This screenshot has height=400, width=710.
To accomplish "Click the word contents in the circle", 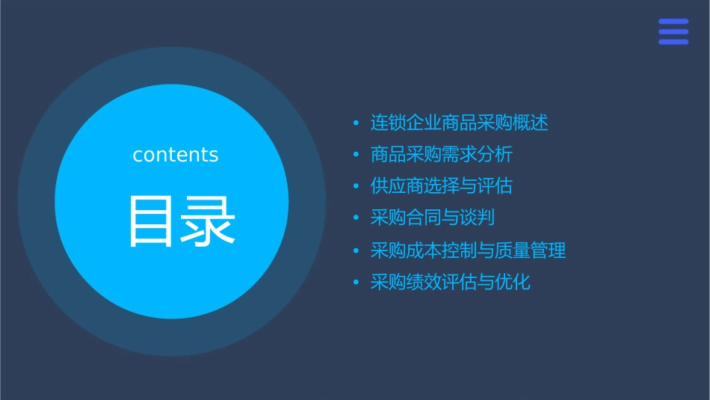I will pos(176,155).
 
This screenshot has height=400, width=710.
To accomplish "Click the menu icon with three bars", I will pos(673,31).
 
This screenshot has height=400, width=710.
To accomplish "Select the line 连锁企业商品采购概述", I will pos(460,123).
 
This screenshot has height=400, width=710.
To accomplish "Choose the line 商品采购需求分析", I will pos(442,155).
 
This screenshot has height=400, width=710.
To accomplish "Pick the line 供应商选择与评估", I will pos(442,186).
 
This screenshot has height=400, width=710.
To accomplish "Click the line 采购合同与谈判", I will pos(433,218).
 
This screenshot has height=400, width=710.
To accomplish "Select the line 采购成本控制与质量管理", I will pos(469,250).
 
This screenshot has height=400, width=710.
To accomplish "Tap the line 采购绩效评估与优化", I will pos(451,282).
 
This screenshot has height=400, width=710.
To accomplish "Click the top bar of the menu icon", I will pos(673,22).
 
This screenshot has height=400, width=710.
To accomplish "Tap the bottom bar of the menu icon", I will pos(673,42).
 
